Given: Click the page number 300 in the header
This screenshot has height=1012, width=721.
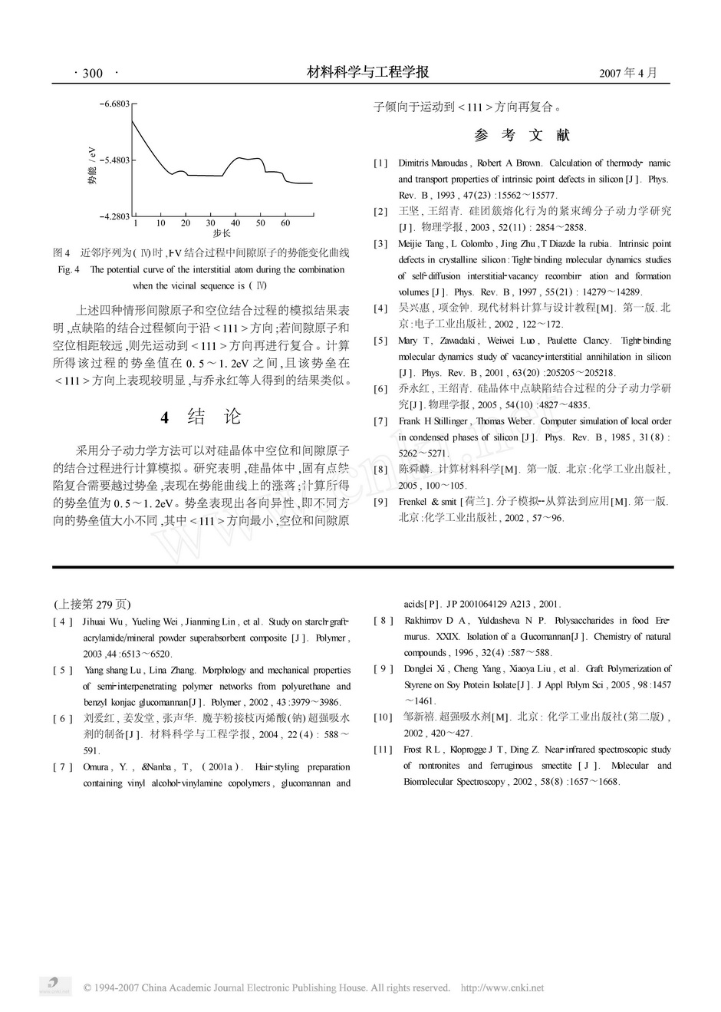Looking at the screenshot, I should pyautogui.click(x=91, y=74).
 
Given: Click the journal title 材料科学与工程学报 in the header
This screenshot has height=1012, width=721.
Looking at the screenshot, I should pyautogui.click(x=367, y=72).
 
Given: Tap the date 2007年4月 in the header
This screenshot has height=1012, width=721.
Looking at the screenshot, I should pyautogui.click(x=628, y=74).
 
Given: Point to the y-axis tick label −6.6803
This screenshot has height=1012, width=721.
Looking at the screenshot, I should pyautogui.click(x=114, y=103).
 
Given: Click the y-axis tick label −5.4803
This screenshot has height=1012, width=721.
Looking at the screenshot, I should pyautogui.click(x=114, y=160).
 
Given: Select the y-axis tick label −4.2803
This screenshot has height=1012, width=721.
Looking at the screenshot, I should pyautogui.click(x=114, y=217).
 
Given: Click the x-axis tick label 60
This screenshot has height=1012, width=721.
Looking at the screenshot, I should pyautogui.click(x=285, y=223).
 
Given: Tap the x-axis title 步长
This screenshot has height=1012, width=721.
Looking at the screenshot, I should pyautogui.click(x=222, y=233).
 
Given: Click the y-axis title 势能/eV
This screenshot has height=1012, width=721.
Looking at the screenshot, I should pyautogui.click(x=93, y=164).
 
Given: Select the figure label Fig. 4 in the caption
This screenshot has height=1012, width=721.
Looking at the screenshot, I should pyautogui.click(x=69, y=270).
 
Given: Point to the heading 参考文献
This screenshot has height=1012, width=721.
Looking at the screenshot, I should pyautogui.click(x=522, y=136).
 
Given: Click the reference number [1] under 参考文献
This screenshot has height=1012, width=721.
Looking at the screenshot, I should pyautogui.click(x=380, y=163).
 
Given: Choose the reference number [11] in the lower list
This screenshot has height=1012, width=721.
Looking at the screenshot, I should pyautogui.click(x=383, y=750).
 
